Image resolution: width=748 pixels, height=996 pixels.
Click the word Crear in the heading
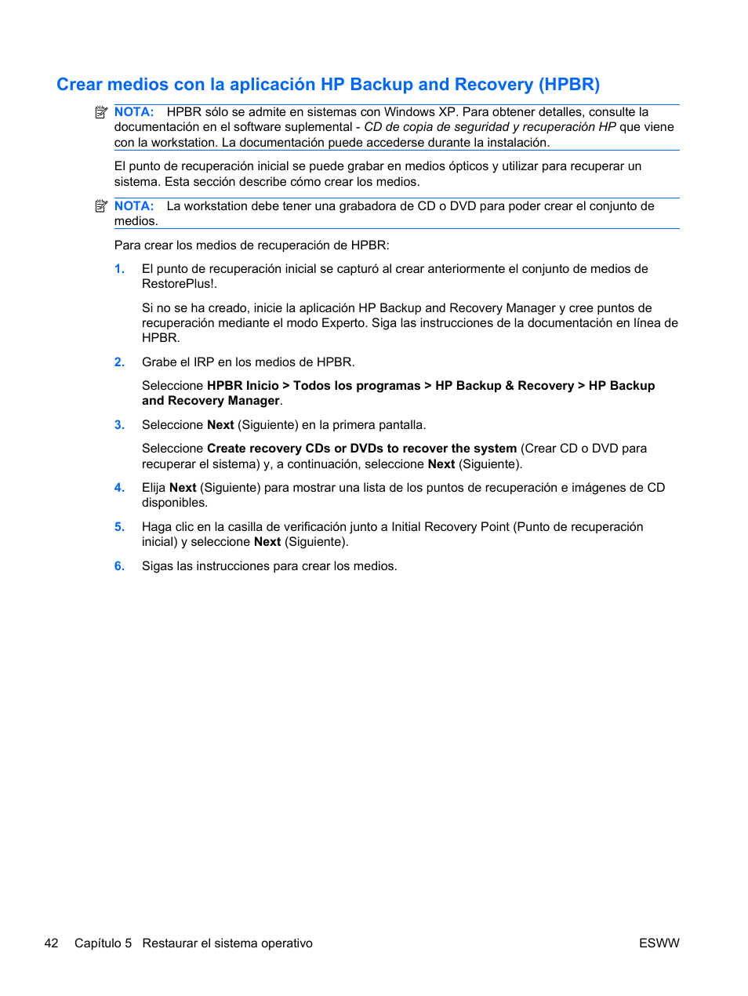point(79,85)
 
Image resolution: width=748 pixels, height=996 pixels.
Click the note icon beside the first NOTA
point(101,112)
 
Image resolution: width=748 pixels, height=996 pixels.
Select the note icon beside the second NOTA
point(101,206)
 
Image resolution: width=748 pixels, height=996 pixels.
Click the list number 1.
point(119,269)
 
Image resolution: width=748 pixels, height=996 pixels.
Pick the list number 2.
point(119,362)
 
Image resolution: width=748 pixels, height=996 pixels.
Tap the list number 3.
point(119,425)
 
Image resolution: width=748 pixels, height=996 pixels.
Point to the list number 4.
point(119,488)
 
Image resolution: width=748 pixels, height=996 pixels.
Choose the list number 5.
point(119,527)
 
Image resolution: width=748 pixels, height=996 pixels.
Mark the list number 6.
point(119,566)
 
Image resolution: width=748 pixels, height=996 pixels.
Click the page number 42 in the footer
point(52,943)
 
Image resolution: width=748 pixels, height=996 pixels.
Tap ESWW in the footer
point(659,943)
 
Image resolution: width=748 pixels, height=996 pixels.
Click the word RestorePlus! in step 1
point(179,284)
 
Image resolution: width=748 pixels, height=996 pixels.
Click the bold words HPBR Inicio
point(242,386)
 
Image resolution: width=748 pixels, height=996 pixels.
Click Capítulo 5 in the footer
point(103,943)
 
